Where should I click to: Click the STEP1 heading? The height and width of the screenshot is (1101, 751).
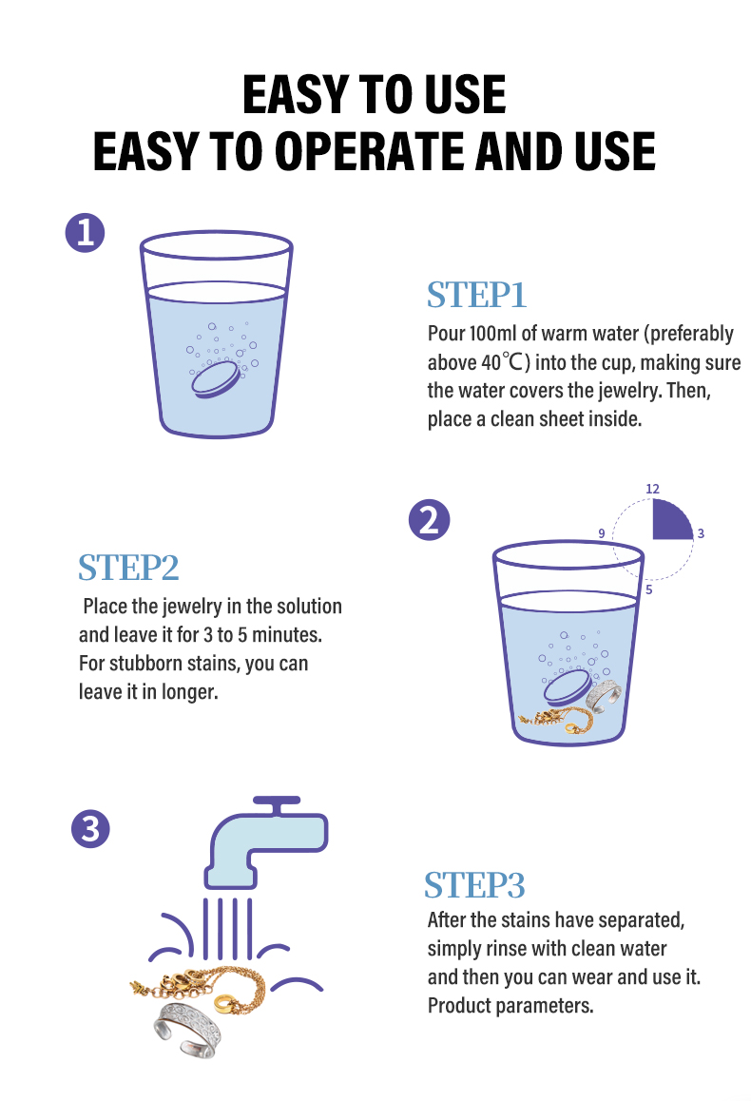point(476,295)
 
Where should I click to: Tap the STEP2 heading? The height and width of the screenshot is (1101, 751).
point(128,568)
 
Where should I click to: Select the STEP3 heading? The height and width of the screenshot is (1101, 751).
point(474,885)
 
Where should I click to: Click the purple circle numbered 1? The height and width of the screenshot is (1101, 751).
point(85,232)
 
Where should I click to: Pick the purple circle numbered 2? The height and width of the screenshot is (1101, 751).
point(429,520)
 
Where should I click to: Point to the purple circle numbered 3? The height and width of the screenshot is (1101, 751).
point(90,828)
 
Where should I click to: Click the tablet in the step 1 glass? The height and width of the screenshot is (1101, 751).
point(216,380)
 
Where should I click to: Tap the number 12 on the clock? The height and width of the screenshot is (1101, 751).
point(653,489)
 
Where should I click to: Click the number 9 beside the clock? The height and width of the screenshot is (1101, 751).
point(602,533)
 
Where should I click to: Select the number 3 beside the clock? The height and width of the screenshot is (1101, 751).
point(701,533)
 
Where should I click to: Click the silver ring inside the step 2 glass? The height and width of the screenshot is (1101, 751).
point(604,697)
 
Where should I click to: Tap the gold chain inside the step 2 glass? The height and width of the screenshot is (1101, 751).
point(556,719)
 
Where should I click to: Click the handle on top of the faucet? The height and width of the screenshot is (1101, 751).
point(277,801)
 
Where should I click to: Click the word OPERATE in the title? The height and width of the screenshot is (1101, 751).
point(372,151)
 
